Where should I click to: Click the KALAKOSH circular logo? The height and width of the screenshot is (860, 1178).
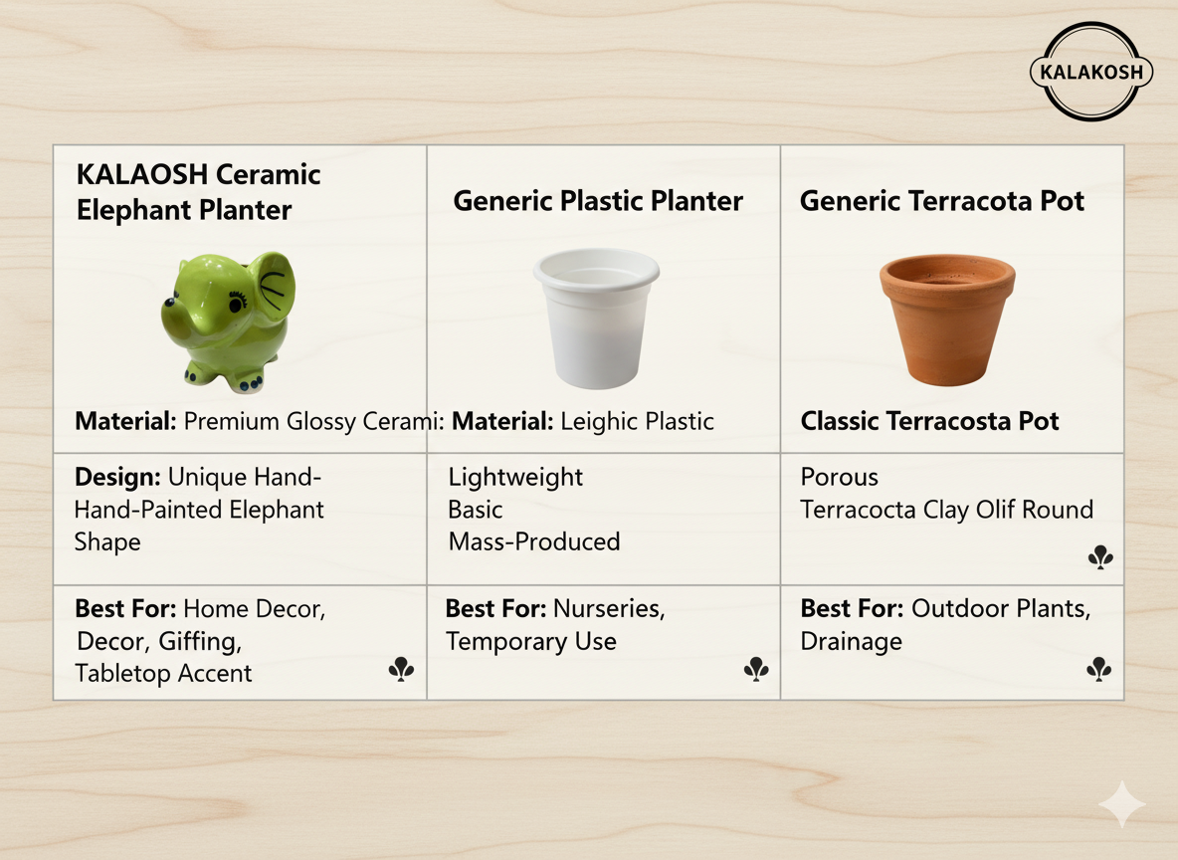click(1089, 72)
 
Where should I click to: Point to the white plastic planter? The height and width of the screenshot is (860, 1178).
click(597, 318)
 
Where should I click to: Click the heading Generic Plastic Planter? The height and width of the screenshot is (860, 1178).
click(598, 201)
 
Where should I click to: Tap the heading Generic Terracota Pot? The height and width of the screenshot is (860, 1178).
click(942, 201)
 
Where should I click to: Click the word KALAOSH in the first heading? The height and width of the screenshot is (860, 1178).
click(142, 174)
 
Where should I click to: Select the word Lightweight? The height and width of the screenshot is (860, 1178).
click(515, 477)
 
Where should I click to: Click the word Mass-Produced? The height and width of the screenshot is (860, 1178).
click(534, 541)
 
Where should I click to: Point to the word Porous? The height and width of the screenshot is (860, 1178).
click(840, 477)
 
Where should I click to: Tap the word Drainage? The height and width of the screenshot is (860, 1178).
click(851, 641)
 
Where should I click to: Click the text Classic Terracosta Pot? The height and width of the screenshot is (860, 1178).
click(929, 421)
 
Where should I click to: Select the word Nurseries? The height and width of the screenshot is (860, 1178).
click(609, 608)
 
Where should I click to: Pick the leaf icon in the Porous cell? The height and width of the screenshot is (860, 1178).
click(1100, 558)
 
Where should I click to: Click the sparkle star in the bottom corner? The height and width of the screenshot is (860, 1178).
click(1121, 804)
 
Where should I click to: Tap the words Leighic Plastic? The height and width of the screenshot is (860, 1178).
click(637, 421)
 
